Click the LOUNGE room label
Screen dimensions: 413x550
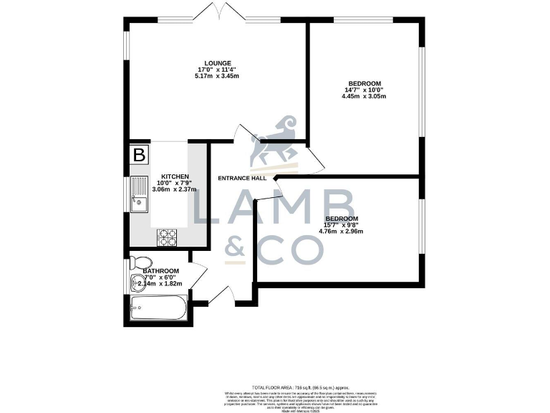click(x=217, y=63)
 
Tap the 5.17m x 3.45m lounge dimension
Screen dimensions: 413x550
click(x=217, y=76)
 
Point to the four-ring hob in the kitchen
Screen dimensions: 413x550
click(x=167, y=236)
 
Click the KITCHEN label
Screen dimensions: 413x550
click(x=175, y=176)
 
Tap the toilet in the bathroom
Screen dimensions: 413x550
click(x=140, y=262)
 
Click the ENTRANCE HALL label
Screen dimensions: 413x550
click(x=242, y=178)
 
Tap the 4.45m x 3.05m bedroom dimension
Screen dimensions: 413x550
click(x=364, y=96)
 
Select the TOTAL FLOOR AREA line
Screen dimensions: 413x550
click(x=275, y=386)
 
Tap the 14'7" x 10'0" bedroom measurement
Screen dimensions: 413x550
click(x=364, y=90)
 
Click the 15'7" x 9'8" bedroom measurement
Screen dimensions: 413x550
click(x=342, y=225)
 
